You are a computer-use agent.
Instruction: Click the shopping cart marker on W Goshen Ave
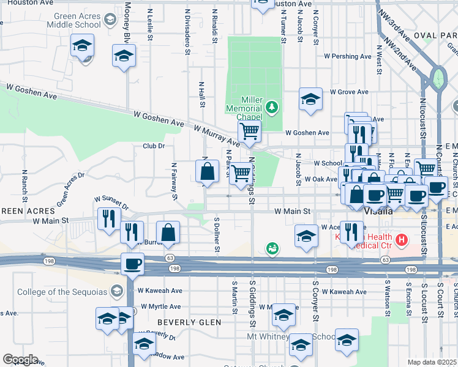(249, 131)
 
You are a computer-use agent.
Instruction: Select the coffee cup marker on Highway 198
(132, 264)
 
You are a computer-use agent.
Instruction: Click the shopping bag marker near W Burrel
(168, 232)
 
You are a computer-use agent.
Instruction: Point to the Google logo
(20, 360)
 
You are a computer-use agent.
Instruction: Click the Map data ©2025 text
(432, 362)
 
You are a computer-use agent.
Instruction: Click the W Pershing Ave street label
(348, 56)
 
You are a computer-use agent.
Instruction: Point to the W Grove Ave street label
(349, 92)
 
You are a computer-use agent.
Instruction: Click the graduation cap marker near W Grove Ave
(311, 99)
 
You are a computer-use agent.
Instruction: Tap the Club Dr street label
(154, 146)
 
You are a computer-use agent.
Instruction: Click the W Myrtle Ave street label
(160, 306)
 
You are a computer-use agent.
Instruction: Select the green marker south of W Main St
(272, 248)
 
